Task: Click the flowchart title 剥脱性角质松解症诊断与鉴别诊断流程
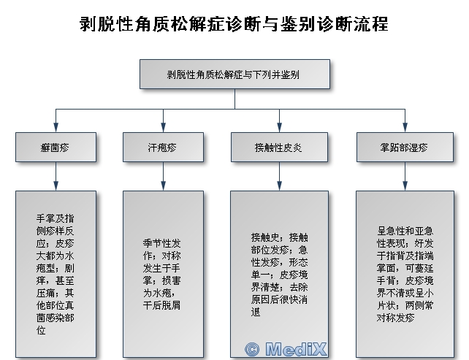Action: (234, 23)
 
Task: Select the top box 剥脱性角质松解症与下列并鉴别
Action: (234, 74)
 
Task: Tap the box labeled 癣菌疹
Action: (56, 148)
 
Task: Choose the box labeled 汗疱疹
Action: (162, 148)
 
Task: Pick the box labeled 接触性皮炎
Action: (278, 148)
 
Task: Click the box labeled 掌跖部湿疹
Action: (404, 148)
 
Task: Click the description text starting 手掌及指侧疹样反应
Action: (56, 274)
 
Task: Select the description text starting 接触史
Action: (278, 274)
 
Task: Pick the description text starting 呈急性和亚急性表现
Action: (404, 274)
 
